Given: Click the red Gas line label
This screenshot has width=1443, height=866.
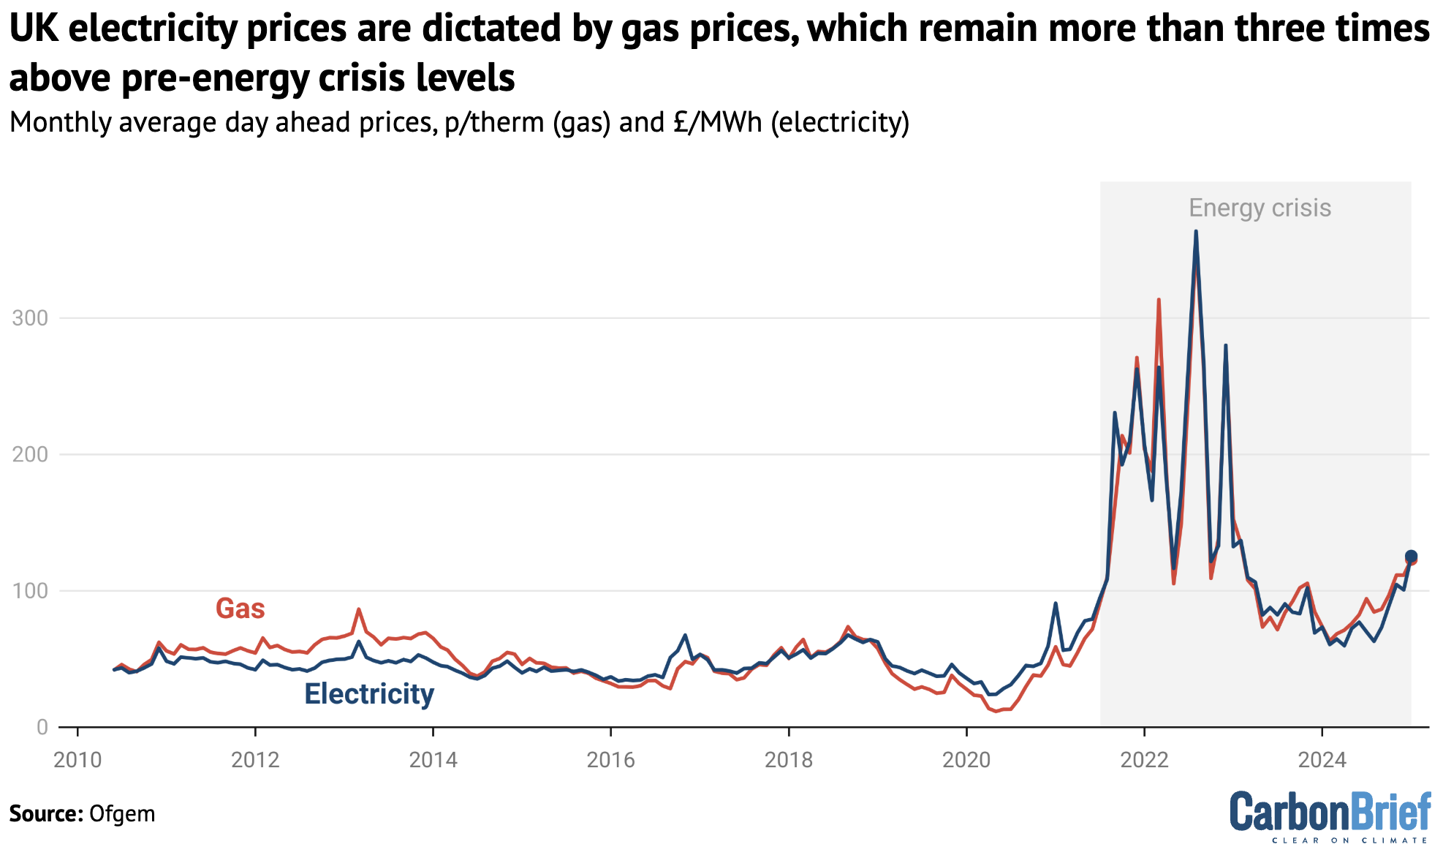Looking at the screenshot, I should click(240, 609).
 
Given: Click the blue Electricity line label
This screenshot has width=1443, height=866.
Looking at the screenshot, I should click(368, 693).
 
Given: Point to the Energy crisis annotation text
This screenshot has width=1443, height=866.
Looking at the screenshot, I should click(1260, 208).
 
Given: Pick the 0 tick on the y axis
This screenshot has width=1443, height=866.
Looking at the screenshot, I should click(42, 727).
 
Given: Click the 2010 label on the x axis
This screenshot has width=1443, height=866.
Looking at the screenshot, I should click(77, 760).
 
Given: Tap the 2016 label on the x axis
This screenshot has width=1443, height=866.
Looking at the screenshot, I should click(611, 760).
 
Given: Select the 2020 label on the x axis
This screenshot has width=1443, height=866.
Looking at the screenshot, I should click(966, 760).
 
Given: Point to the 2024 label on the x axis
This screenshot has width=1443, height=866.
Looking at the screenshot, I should click(1322, 760).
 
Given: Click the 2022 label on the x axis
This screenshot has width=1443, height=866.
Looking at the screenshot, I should click(1144, 760).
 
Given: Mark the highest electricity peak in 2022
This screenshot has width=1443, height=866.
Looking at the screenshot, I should click(1195, 233).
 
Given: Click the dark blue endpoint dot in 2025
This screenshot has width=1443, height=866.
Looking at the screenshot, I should click(1412, 557).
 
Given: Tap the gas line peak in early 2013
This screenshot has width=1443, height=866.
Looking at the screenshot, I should click(359, 609).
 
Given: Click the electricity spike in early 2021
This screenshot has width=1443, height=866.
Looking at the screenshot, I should click(1056, 604).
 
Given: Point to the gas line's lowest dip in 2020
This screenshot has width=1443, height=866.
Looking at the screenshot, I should click(996, 711).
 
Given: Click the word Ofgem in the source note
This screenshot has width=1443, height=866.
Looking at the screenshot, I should click(121, 814).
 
